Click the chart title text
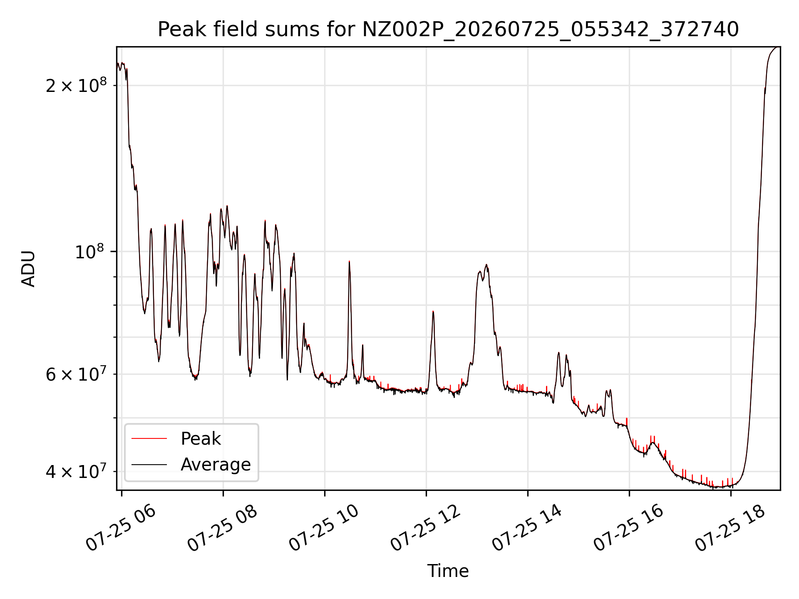[448, 30]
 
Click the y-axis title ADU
[28, 269]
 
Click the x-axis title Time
[448, 571]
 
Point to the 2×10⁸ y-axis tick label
[76, 85]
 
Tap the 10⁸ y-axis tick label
[90, 251]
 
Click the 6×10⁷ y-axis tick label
[76, 374]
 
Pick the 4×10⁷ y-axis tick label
[76, 471]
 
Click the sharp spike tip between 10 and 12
[349, 261]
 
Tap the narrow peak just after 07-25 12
[433, 311]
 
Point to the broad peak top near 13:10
[486, 265]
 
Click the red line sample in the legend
[149, 438]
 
